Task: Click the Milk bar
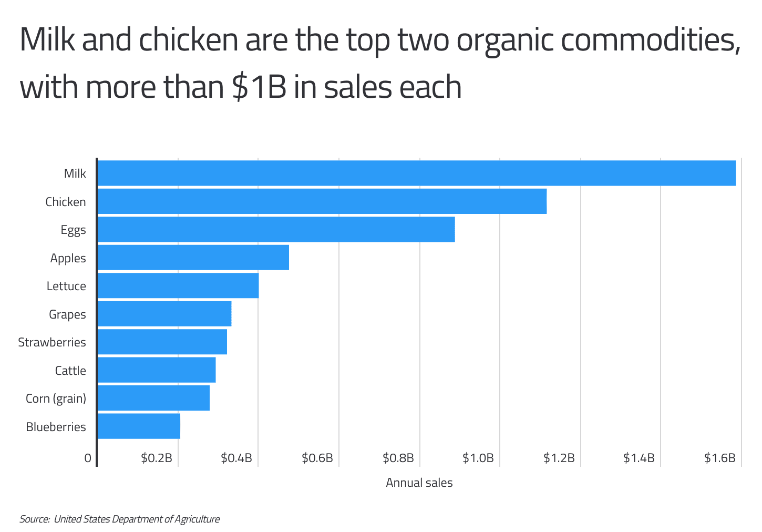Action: [416, 173]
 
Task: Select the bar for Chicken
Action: [322, 201]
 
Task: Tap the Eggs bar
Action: [276, 229]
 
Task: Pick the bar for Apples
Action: [193, 258]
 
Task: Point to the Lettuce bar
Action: [178, 285]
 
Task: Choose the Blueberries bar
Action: [139, 426]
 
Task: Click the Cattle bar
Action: [156, 370]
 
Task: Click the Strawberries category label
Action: [52, 342]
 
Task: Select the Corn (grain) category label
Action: [56, 398]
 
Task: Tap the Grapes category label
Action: [67, 314]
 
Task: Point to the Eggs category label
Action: [73, 230]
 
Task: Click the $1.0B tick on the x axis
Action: [478, 458]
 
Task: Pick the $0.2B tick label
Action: [157, 458]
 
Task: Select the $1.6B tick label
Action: [719, 458]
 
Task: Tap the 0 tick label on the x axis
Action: [88, 458]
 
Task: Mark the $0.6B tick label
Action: [317, 458]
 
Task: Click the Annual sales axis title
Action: [419, 483]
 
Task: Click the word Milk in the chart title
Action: [47, 40]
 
